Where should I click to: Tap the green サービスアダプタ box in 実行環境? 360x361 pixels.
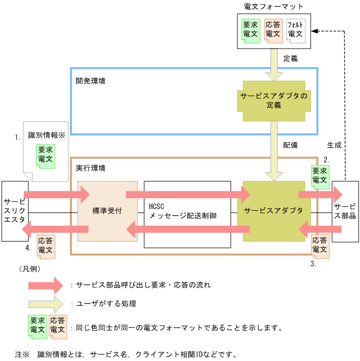click(273, 211)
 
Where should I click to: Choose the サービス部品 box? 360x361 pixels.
click(345, 211)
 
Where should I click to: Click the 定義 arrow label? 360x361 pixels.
click(291, 59)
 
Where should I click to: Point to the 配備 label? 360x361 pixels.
click(290, 144)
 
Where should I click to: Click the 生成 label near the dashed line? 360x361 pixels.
click(335, 144)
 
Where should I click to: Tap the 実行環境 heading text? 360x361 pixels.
click(90, 168)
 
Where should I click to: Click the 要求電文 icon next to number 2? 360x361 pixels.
click(320, 176)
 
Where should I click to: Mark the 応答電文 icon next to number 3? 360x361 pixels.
click(320, 246)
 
